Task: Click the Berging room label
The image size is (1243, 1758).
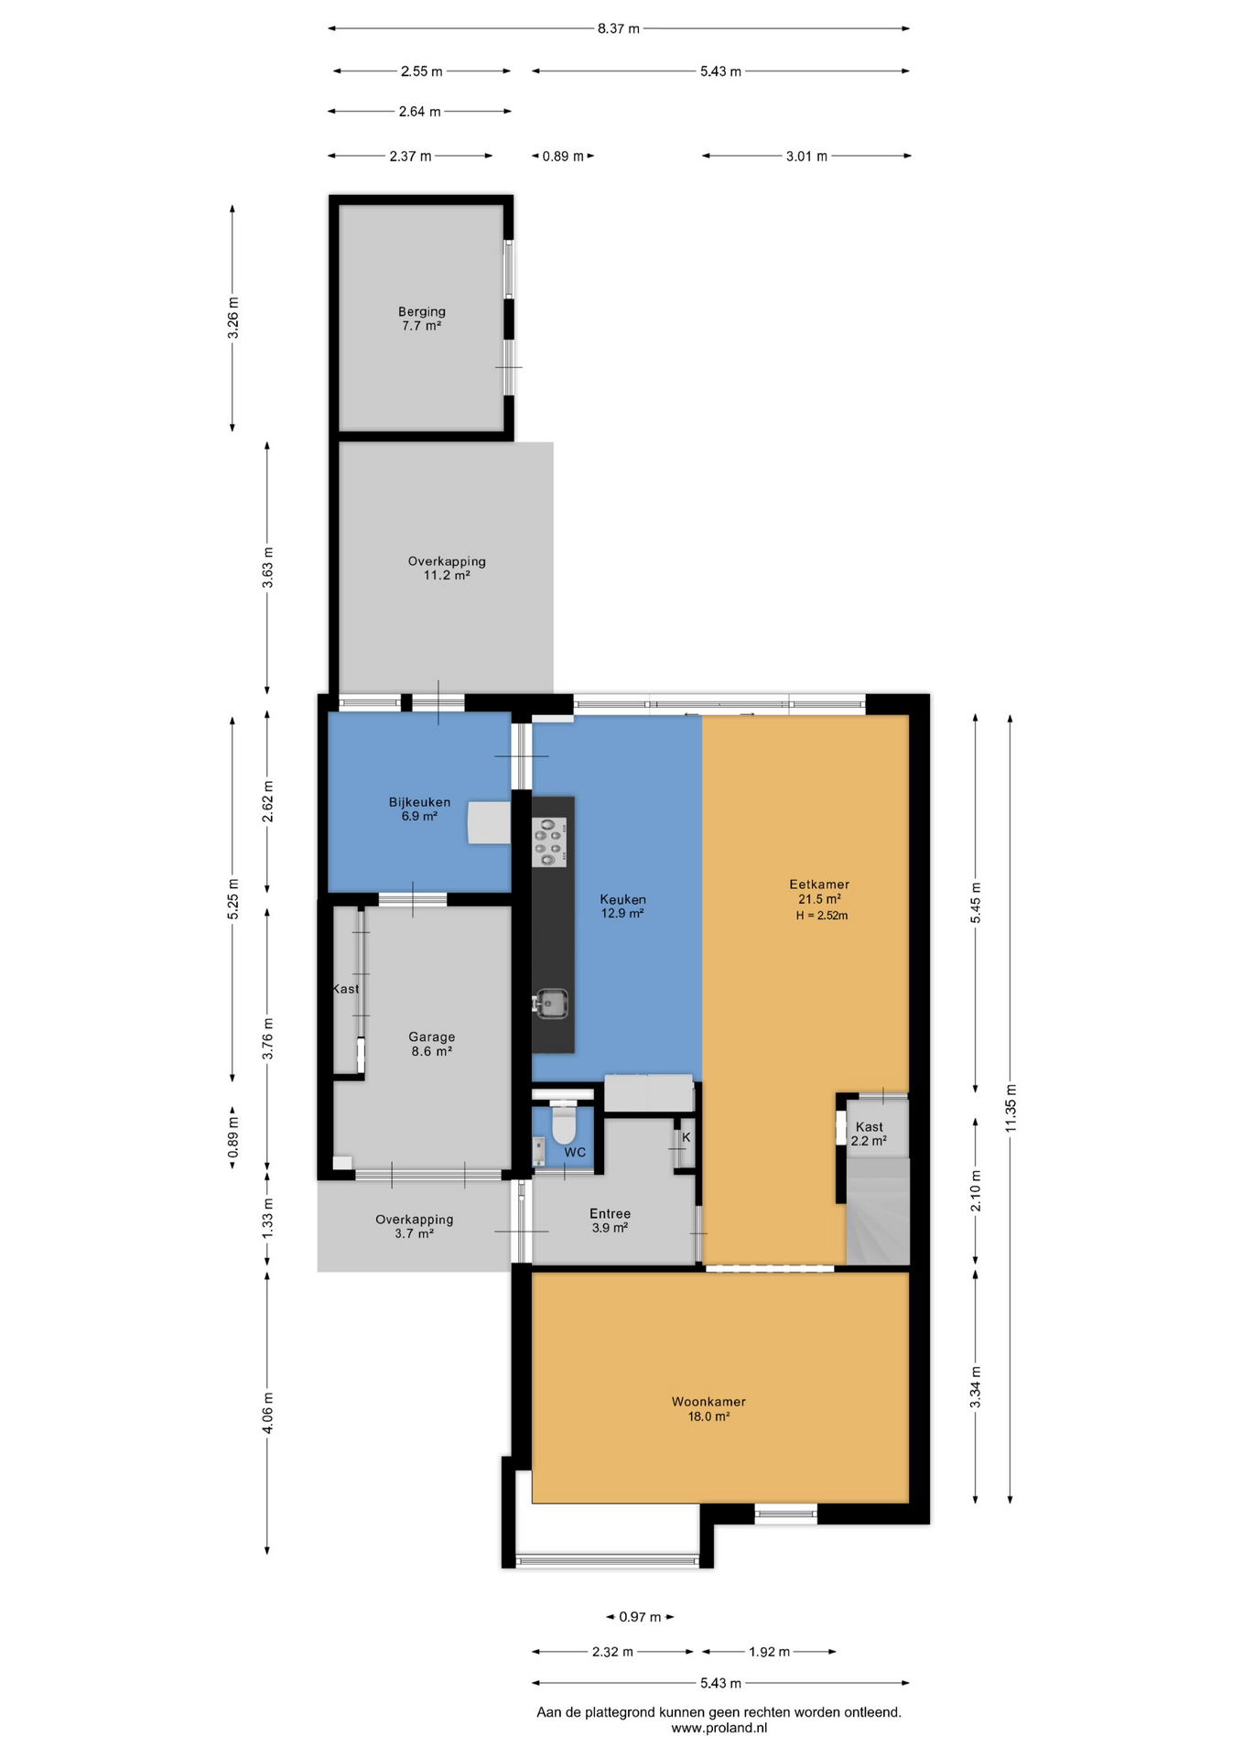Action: point(421,319)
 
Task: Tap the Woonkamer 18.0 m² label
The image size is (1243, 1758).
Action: point(708,1408)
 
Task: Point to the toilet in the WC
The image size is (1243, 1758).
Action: point(563,1123)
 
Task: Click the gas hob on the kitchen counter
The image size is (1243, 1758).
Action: point(550,841)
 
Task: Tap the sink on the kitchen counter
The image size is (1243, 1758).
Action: point(551,1004)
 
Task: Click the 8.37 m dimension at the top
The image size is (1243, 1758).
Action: point(619,28)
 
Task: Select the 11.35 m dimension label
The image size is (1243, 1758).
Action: point(1011,1108)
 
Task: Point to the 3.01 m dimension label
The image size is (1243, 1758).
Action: point(806,157)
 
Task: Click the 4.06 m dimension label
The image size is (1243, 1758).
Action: point(267,1414)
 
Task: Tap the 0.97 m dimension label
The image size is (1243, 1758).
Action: point(640,1617)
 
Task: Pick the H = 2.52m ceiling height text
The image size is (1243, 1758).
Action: point(822,916)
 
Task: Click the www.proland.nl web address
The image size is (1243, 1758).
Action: point(719,1729)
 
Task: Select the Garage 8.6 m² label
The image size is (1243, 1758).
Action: point(432,1044)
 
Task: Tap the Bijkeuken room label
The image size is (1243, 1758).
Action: point(419,808)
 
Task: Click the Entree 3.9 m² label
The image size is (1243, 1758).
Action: point(610,1221)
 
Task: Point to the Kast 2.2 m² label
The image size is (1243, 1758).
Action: point(869,1134)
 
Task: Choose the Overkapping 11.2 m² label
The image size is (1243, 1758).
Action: point(447,568)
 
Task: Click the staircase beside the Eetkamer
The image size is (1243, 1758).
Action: point(878,1211)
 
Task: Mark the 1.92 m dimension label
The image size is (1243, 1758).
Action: point(769,1652)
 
